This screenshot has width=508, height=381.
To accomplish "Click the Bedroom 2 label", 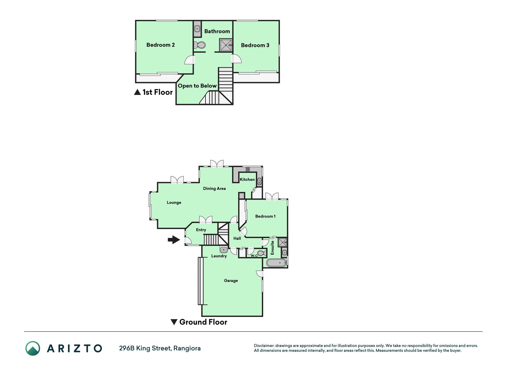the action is coord(160,45).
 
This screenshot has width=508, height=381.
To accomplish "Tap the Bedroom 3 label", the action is coord(255,45).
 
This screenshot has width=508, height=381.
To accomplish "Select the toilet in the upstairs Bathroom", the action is coord(199,45).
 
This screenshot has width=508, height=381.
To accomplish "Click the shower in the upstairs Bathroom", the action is coord(226,45).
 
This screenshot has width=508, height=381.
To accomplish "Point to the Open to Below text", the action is coord(197,86).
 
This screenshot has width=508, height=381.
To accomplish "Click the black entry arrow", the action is coord(174,240).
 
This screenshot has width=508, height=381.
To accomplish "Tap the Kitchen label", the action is coord(247,179).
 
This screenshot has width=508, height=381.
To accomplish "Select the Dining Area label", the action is coord(214,188).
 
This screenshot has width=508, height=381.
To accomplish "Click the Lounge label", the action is coord(174,202).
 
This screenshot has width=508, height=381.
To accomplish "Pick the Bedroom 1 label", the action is coord(265,216).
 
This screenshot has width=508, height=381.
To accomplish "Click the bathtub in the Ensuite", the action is coord(276,263).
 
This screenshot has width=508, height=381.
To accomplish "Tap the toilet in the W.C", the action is coord(262,253).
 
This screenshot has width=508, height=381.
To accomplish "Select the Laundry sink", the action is coord(224,249).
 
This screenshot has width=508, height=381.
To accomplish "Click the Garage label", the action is coord(231,280).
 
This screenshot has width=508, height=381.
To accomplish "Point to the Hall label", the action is coord(237,238).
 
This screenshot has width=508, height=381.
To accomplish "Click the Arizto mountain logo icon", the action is coord(33,348).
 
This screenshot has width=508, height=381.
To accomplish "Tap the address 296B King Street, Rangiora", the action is coord(160,348).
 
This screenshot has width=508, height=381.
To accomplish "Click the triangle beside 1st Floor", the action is coord(137,92).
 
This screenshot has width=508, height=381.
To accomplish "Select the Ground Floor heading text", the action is coord(203,322).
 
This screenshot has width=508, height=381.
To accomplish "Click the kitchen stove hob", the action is coord(248,169).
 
